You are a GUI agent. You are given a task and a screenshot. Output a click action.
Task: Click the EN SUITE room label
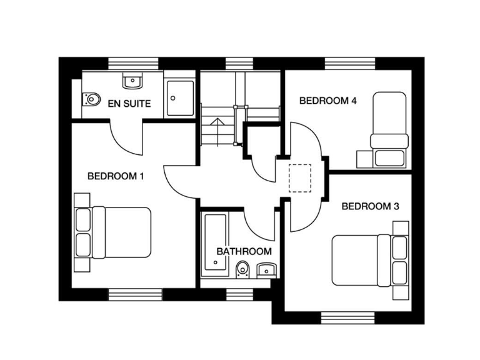tap(129, 103)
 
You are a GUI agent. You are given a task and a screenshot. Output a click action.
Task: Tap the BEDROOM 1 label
tap(116, 176)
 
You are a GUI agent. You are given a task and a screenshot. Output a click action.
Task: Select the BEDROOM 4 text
tap(327, 100)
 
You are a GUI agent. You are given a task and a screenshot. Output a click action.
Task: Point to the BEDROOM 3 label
tap(370, 206)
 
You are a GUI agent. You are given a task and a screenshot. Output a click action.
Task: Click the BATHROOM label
tap(244, 251)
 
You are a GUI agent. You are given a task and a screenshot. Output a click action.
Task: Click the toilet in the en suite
tap(91, 99)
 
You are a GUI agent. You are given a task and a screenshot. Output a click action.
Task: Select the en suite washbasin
tap(132, 81)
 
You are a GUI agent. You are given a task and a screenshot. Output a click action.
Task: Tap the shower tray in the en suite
tap(181, 97)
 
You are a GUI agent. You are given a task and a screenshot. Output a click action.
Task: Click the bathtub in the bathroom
tap(214, 245)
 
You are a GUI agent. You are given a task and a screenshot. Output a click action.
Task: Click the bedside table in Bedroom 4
tap(362, 159)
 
